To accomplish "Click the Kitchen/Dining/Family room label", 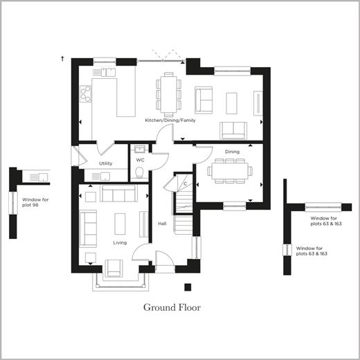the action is tap(170, 120).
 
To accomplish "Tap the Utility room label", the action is tap(105, 163).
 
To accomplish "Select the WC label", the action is tap(140, 160).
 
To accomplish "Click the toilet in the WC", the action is tap(139, 172).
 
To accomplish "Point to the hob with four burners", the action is tap(86, 93).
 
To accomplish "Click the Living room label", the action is tap(120, 243).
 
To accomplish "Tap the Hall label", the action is tap(162, 224).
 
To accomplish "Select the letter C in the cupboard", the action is tap(185, 184).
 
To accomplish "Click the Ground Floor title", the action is tap(172, 307).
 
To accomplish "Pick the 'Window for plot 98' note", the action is tap(35, 202).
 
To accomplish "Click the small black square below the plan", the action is tap(188, 287).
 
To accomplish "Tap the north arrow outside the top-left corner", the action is tap(62, 59).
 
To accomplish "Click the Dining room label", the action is tap(232, 152).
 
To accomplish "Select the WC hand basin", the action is tap(140, 150).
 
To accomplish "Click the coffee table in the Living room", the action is tap(120, 224).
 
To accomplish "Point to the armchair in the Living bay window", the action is tap(114, 269).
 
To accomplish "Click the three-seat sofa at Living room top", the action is tap(118, 193).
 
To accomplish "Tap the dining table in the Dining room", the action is tap(231, 171).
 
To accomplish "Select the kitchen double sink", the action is tap(108, 72).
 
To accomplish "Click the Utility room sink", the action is tap(105, 177).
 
